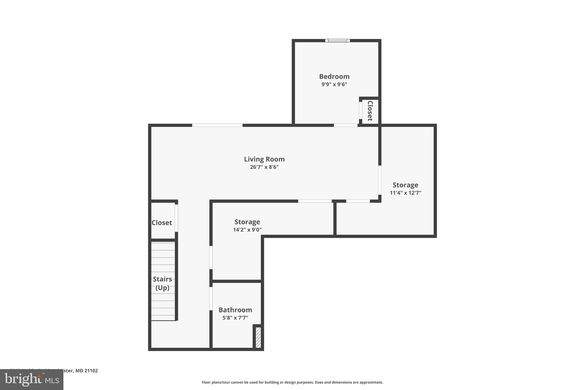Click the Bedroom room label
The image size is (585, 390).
click(x=334, y=77)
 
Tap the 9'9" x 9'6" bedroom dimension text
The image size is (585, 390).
click(x=334, y=84)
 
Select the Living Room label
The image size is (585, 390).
click(x=264, y=159)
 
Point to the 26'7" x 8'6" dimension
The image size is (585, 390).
click(x=264, y=167)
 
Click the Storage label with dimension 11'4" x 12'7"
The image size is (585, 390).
click(x=405, y=185)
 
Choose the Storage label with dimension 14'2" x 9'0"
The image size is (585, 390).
click(x=247, y=222)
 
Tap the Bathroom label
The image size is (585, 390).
click(x=235, y=310)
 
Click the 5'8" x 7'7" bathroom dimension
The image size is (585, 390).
click(x=235, y=318)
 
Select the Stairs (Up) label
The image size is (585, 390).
click(x=162, y=283)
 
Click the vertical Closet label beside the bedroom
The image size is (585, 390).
click(x=370, y=111)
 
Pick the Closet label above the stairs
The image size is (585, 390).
click(x=162, y=223)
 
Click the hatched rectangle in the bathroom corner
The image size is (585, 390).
click(x=258, y=337)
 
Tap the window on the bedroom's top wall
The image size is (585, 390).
click(x=337, y=41)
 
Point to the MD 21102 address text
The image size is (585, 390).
click(x=87, y=371)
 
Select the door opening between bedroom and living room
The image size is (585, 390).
click(x=346, y=125)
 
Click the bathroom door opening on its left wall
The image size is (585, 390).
click(x=211, y=299)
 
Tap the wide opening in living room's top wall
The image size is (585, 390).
click(x=217, y=125)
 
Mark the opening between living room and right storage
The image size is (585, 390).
click(x=380, y=180)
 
